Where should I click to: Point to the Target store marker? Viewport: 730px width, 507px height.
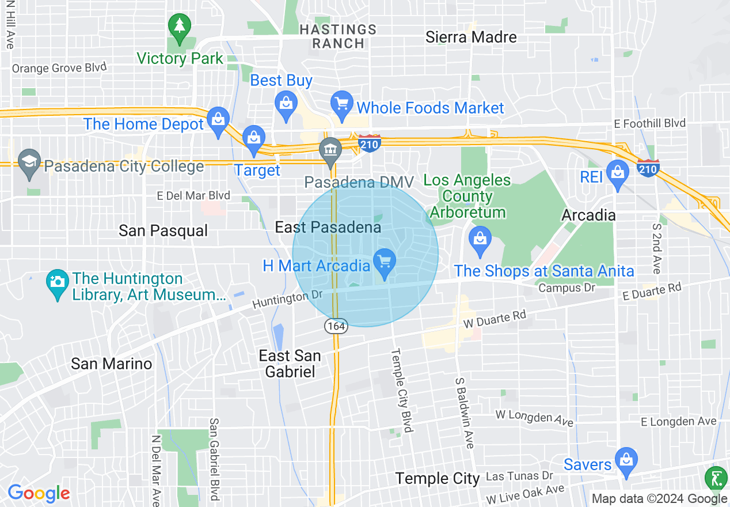(x=253, y=139)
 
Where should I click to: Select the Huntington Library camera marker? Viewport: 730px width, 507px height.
(x=57, y=282)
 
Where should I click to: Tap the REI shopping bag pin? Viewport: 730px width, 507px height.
(x=618, y=173)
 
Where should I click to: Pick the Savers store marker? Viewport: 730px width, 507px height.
(x=625, y=460)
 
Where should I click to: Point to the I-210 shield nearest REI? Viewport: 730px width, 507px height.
(x=648, y=168)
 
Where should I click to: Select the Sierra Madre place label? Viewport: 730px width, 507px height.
(x=471, y=37)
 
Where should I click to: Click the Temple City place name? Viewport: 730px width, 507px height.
(x=438, y=478)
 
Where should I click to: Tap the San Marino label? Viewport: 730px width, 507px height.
(x=111, y=364)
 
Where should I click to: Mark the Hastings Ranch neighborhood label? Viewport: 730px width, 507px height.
(x=338, y=36)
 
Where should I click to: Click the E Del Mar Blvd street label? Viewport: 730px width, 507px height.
(x=193, y=196)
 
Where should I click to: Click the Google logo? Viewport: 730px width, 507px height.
(x=39, y=493)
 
